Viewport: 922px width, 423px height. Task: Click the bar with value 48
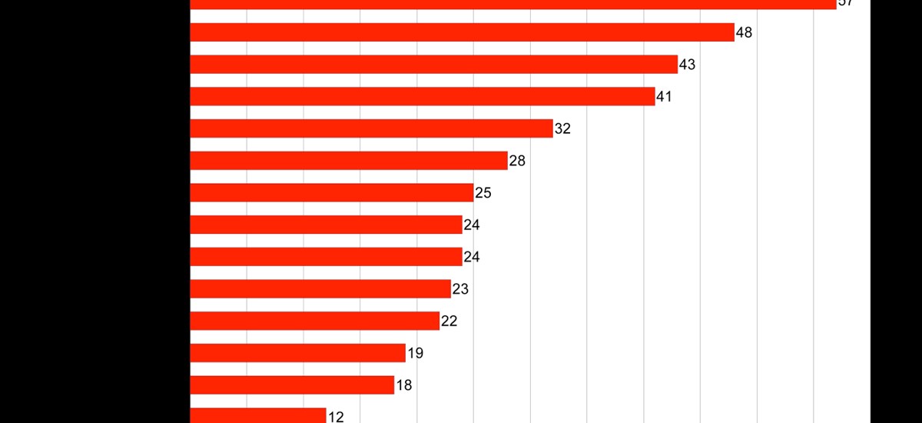[x=461, y=32]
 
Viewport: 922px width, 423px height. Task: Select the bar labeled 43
[x=433, y=65]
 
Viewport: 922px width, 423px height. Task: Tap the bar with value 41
[x=422, y=96]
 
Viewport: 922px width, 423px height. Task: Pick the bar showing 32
[x=371, y=128]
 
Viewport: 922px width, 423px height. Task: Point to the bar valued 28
[x=348, y=161]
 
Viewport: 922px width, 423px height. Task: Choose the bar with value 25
[x=331, y=192]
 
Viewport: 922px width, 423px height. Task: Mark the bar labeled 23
[x=320, y=288]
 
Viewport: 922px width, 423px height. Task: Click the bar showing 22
[x=314, y=321]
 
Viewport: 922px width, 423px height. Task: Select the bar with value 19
[x=297, y=353]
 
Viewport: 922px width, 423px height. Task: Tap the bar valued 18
[x=292, y=385]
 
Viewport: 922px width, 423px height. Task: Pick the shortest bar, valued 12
[x=257, y=416]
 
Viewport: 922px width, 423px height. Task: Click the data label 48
[x=744, y=33]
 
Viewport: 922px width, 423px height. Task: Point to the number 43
[x=687, y=65]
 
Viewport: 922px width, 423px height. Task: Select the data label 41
[x=664, y=97]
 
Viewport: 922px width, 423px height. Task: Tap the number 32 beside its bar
[x=562, y=129]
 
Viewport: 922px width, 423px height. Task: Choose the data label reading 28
[x=517, y=162]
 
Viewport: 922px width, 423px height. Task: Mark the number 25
[x=483, y=193]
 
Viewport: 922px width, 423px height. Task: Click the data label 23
[x=460, y=289]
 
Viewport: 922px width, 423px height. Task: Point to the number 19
[x=415, y=354]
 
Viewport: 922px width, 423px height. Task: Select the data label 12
[x=336, y=417]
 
